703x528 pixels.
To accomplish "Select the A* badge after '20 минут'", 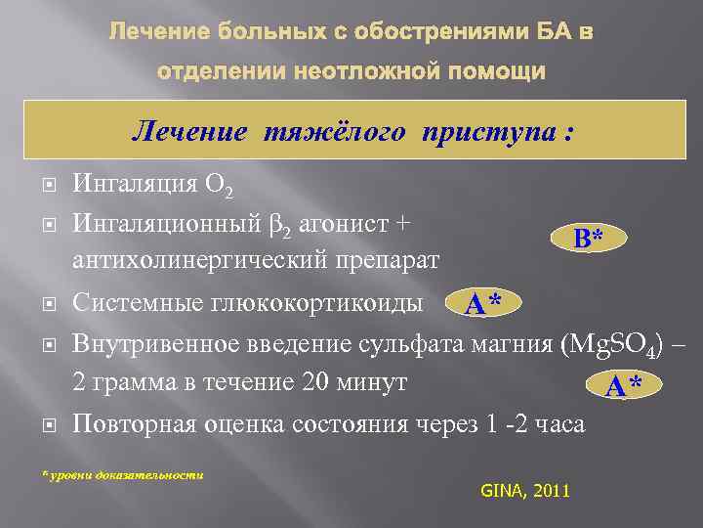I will pos(623,386).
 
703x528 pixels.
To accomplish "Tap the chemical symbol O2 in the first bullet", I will pos(218,185).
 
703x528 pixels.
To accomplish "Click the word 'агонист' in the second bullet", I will pos(351,223).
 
